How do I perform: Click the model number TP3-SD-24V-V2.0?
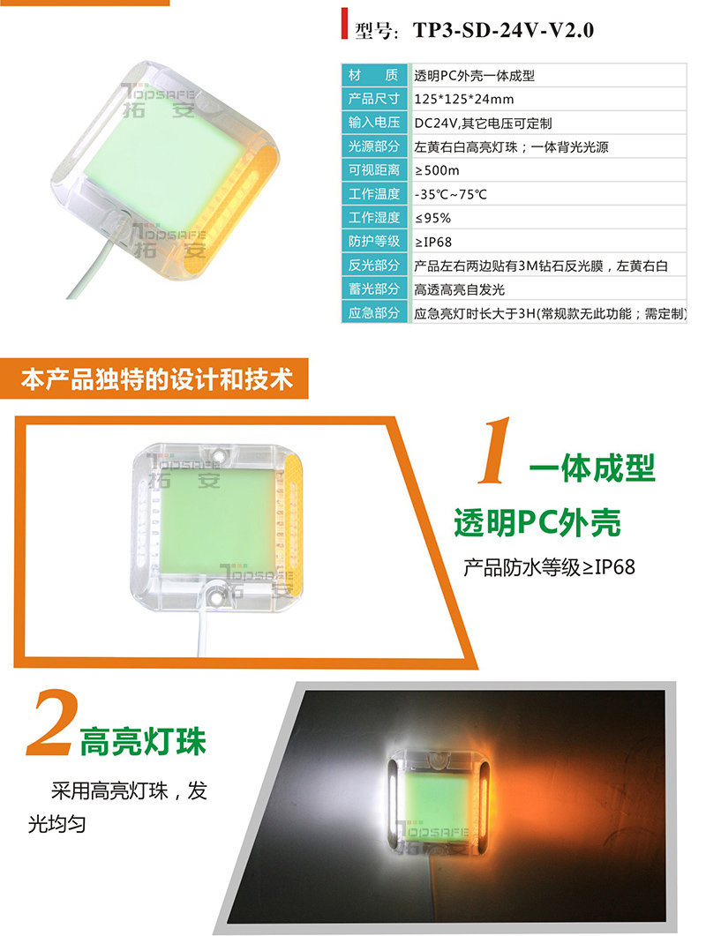click(x=503, y=30)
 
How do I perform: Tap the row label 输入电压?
click(x=374, y=123)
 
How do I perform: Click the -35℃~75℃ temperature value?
click(x=451, y=195)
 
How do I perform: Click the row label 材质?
click(x=374, y=75)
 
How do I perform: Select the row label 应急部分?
click(x=374, y=313)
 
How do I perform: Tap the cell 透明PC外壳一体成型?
click(x=474, y=76)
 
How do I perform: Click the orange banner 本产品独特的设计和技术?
click(x=156, y=379)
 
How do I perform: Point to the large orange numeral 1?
click(x=494, y=450)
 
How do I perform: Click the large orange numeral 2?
click(x=53, y=723)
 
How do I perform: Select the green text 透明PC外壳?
click(x=537, y=523)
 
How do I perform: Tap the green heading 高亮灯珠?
click(x=143, y=742)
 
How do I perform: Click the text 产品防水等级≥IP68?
click(x=550, y=567)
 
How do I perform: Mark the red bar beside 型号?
click(x=344, y=24)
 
